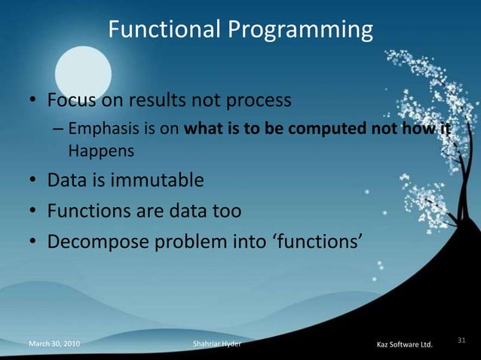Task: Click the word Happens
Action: (101, 151)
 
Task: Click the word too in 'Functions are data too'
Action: (225, 211)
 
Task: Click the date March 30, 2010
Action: (55, 344)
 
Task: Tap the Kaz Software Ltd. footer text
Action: (404, 345)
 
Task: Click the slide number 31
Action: (463, 341)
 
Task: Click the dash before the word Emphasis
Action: (58, 129)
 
